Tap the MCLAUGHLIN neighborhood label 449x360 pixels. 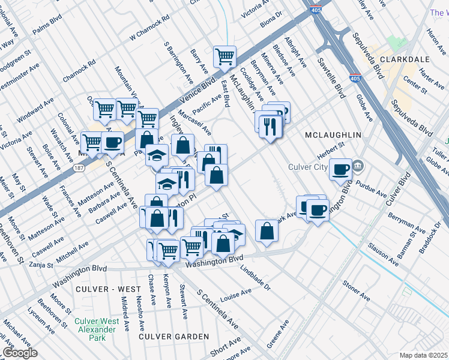tap(333, 135)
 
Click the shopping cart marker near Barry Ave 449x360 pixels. tap(224, 58)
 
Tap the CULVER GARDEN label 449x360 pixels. tap(166, 337)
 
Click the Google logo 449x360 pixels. tap(20, 353)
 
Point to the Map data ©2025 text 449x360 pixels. tap(423, 355)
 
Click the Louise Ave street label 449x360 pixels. tap(235, 296)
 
